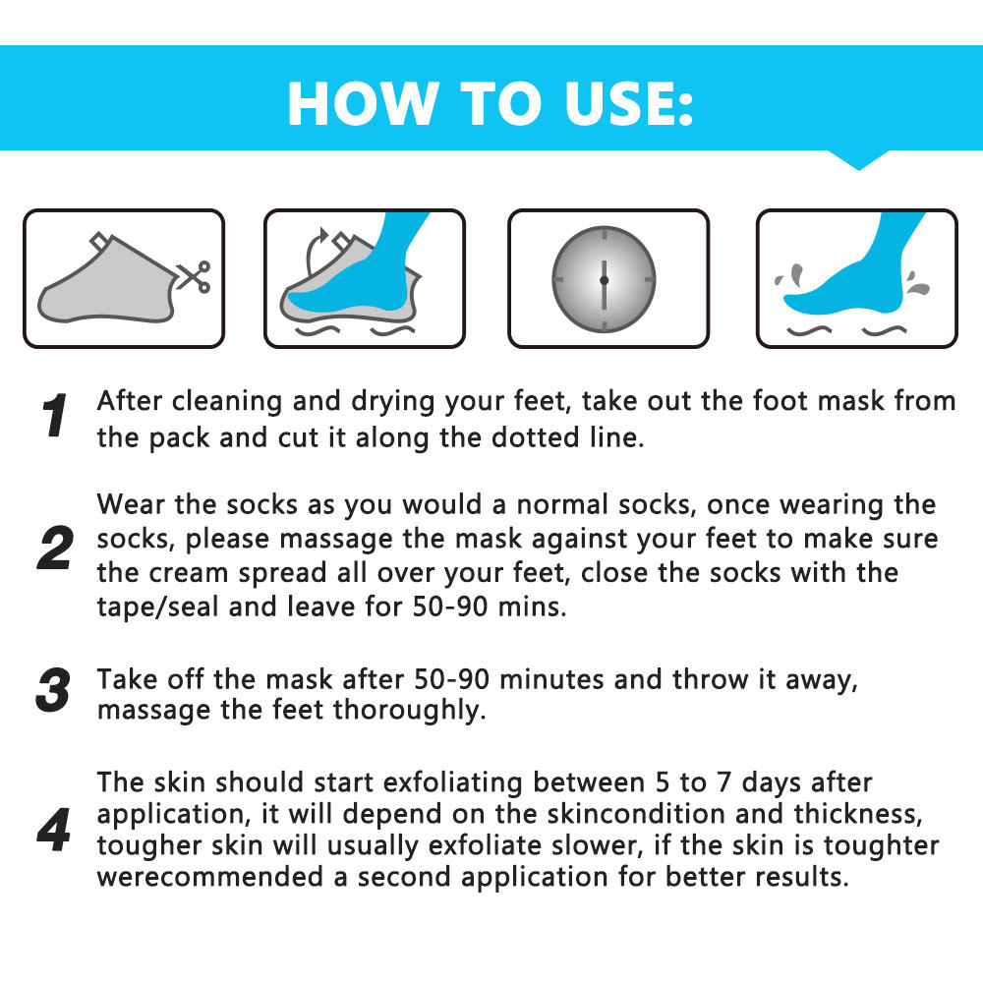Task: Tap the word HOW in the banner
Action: pos(363,104)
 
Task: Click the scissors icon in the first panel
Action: pos(193,276)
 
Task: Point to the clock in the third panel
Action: pos(604,279)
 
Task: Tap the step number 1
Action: pos(54,415)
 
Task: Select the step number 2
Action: pos(54,549)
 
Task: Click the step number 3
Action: pos(54,690)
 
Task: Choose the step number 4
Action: pos(54,830)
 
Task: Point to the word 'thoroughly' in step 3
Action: pos(408,711)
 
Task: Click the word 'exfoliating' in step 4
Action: pos(452,783)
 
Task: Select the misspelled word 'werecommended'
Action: pos(210,877)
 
